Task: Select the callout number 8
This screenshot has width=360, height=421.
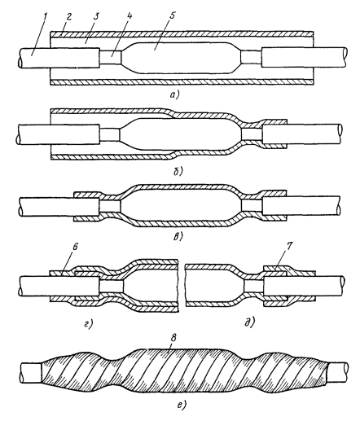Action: (x=174, y=339)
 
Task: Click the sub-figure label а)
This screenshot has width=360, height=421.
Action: (x=173, y=94)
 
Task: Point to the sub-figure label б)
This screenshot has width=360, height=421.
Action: (x=178, y=170)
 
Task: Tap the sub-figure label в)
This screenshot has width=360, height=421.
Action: (x=178, y=236)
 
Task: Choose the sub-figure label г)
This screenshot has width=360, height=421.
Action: (x=89, y=323)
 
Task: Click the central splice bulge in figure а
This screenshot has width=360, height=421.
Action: (x=181, y=58)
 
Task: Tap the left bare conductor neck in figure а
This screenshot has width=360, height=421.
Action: (x=110, y=58)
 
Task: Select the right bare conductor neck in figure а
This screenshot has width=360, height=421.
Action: (x=251, y=58)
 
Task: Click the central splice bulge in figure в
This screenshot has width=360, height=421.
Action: (x=180, y=204)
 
